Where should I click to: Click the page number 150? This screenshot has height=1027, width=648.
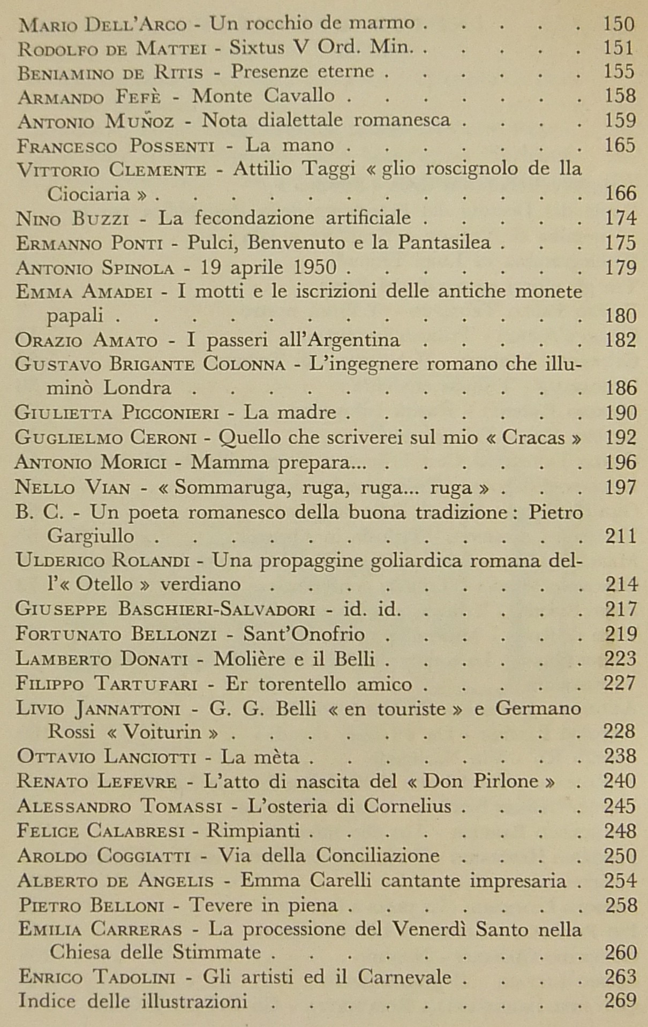[619, 24]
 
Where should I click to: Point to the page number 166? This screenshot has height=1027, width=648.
[620, 194]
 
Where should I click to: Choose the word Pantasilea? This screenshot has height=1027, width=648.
[444, 243]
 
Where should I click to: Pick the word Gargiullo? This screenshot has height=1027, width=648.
[91, 536]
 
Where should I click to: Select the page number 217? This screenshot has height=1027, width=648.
[620, 609]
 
